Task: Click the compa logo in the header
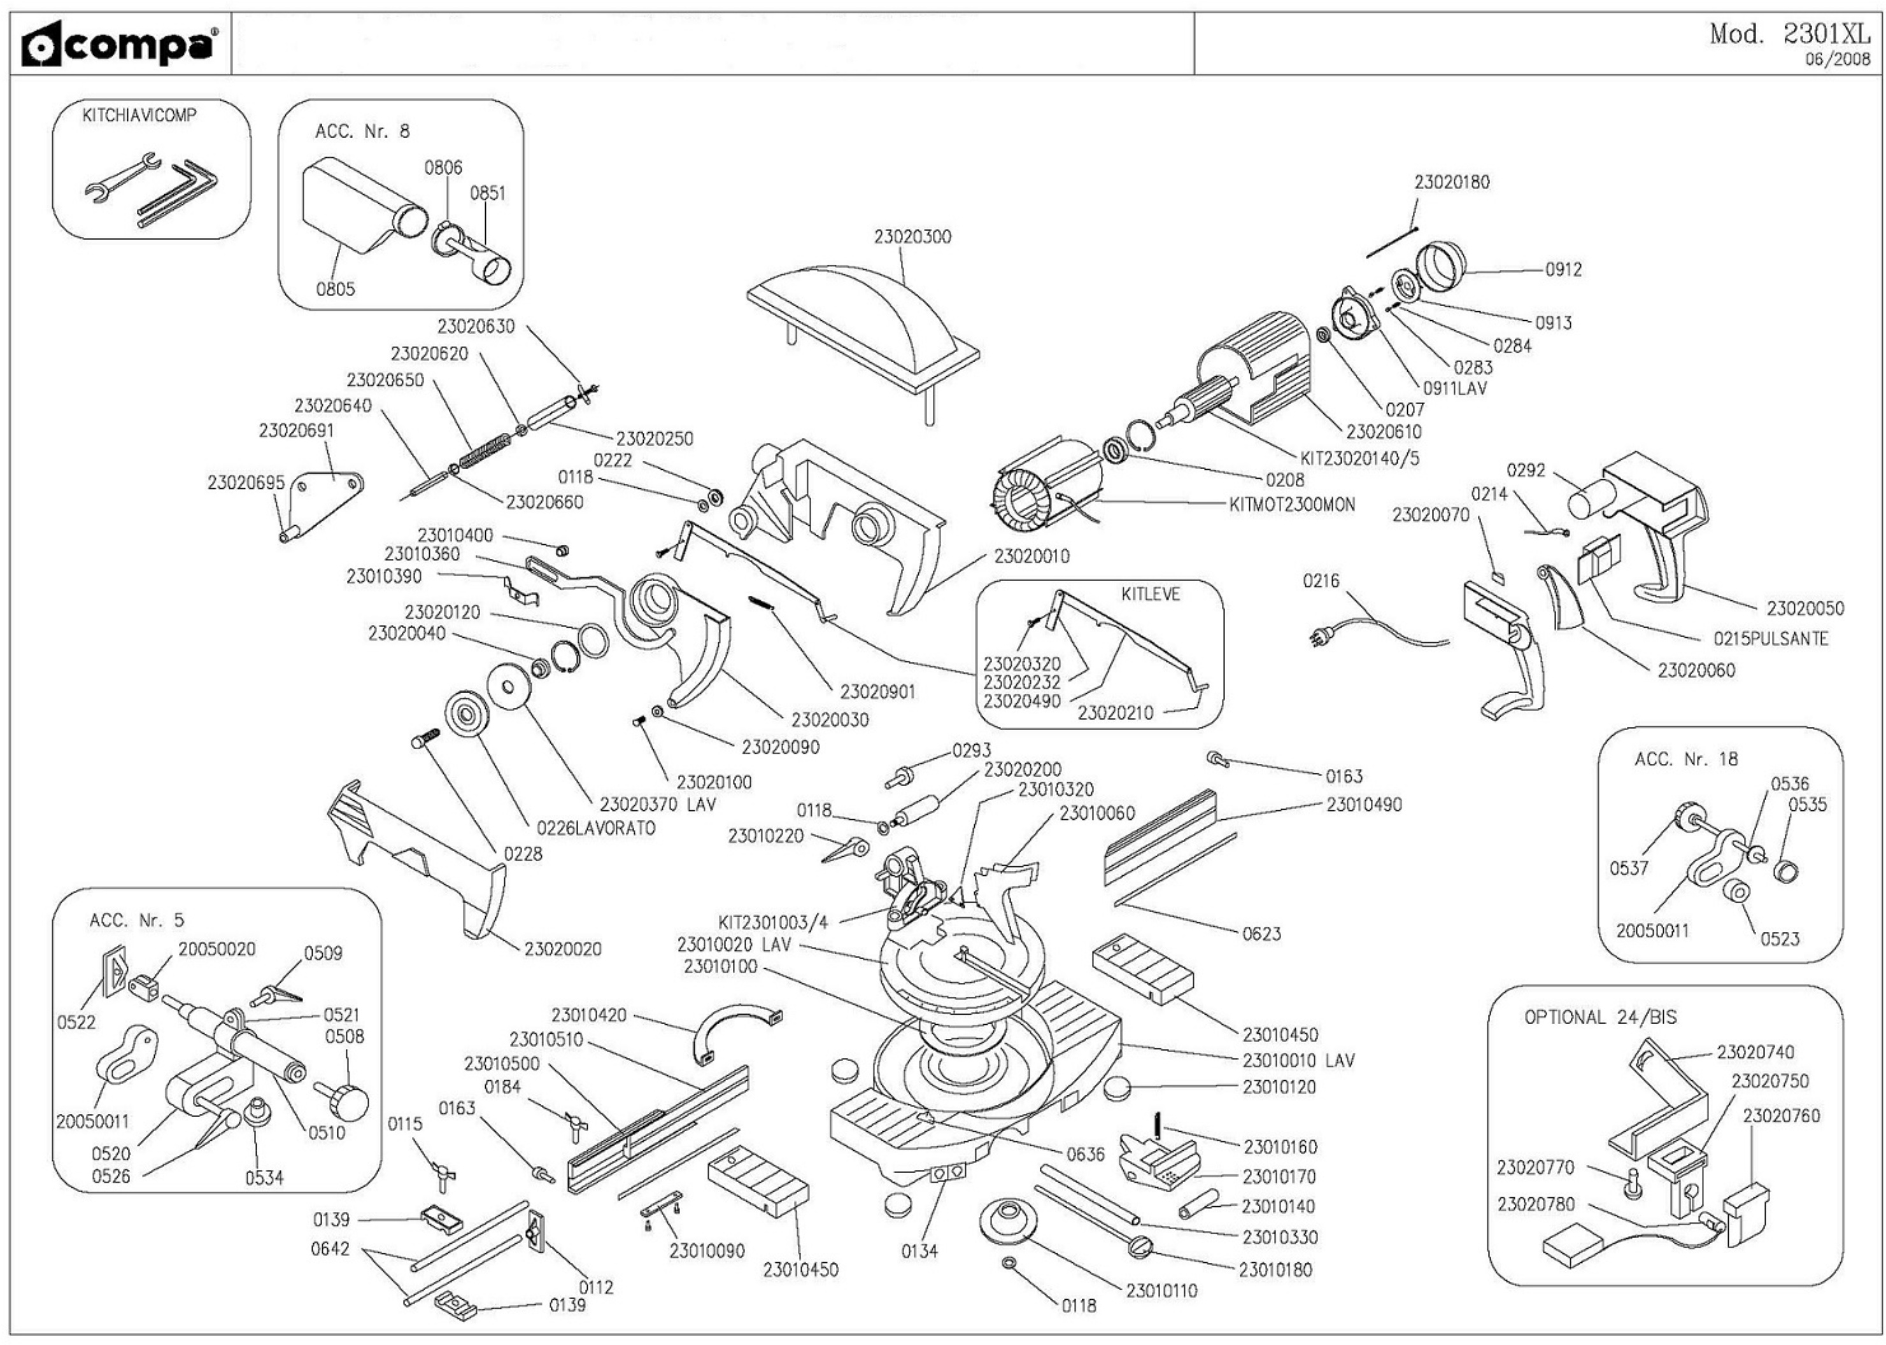[x=121, y=46]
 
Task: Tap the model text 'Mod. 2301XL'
[x=1789, y=34]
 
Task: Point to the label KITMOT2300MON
[x=1292, y=504]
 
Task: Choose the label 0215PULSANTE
[x=1770, y=638]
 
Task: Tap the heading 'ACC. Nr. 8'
[x=362, y=132]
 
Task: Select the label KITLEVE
[x=1151, y=594]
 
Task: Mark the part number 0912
[x=1563, y=270]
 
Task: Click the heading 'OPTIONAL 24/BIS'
[x=1599, y=1018]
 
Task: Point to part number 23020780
[x=1536, y=1204]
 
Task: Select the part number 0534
[x=264, y=1178]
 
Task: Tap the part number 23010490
[x=1363, y=804]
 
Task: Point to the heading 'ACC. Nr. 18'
[x=1685, y=759]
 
